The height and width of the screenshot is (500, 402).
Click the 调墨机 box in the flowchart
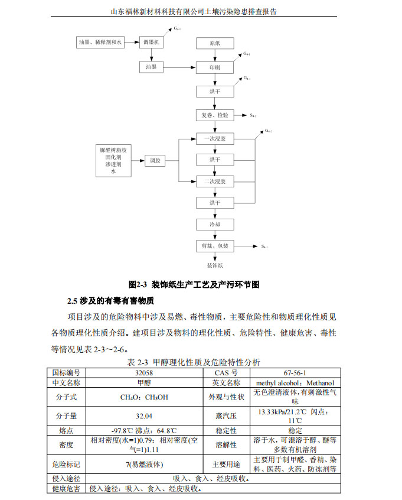point(151,43)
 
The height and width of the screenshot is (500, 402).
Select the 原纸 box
point(215,44)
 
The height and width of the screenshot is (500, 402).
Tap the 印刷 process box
point(215,68)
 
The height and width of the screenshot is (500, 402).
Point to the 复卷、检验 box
point(215,115)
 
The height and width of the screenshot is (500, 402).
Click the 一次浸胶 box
point(215,139)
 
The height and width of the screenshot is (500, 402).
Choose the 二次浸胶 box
point(215,181)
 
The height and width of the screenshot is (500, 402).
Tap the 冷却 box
point(215,225)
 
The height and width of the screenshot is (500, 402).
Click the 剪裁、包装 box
point(215,246)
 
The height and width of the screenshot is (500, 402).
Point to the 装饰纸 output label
point(215,265)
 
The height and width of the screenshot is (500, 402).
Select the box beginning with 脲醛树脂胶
point(114,160)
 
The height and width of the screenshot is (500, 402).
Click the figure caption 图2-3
point(194,285)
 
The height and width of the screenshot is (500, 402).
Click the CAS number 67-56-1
point(295,373)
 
